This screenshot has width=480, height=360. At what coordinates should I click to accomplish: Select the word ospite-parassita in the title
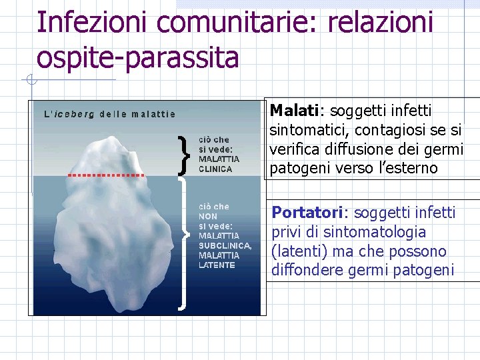pos(137,57)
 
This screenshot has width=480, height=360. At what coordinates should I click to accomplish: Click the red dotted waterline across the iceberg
pos(106,175)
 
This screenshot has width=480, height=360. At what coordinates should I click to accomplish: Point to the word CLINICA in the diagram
pos(215,169)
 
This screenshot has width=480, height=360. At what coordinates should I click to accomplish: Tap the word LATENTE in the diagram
pos(217,265)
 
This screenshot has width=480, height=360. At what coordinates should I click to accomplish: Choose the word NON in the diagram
pos(207,217)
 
